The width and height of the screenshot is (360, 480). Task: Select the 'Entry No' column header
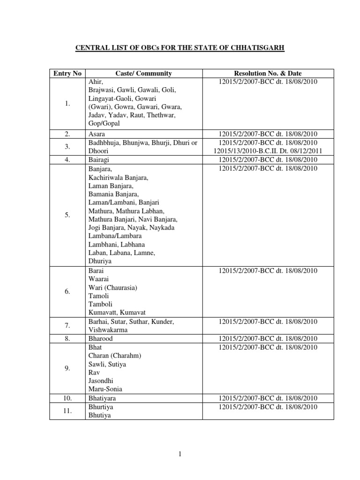pyautogui.click(x=67, y=73)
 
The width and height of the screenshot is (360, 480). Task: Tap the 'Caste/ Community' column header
pyautogui.click(x=143, y=73)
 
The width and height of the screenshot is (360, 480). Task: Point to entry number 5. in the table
pyautogui.click(x=67, y=215)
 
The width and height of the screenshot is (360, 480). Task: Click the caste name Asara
pyautogui.click(x=97, y=134)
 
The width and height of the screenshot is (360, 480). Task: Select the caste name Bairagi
pyautogui.click(x=98, y=159)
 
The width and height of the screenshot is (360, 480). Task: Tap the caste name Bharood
pyautogui.click(x=100, y=338)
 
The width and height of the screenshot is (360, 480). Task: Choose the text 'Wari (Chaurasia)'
pyautogui.click(x=112, y=287)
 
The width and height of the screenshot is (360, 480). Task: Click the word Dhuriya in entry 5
pyautogui.click(x=100, y=261)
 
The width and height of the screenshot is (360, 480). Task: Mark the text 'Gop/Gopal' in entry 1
pyautogui.click(x=104, y=123)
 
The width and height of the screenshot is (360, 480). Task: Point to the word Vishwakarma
pyautogui.click(x=108, y=330)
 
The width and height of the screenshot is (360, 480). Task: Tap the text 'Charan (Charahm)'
pyautogui.click(x=115, y=355)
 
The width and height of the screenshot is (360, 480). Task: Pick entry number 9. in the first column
pyautogui.click(x=67, y=368)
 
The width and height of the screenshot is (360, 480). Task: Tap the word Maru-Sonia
pyautogui.click(x=105, y=389)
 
